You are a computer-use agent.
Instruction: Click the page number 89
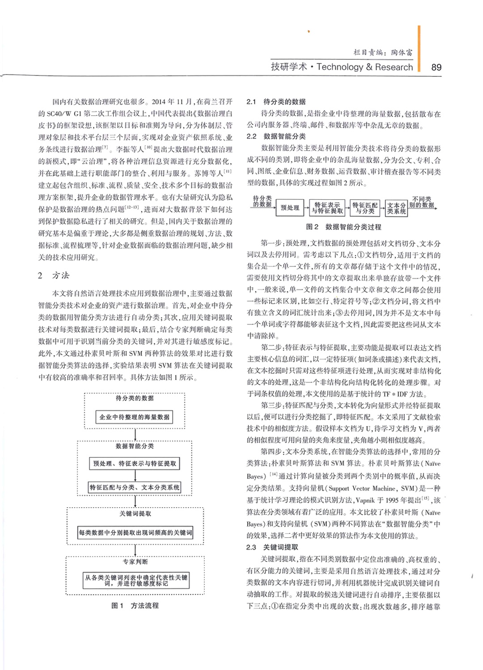click(x=436, y=67)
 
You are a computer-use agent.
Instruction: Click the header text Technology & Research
click(x=364, y=67)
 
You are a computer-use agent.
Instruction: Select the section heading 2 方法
click(x=54, y=276)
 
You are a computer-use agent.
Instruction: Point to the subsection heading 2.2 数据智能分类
click(x=276, y=136)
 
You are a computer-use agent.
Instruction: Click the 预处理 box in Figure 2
click(x=290, y=208)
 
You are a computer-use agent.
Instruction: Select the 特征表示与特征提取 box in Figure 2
click(x=327, y=208)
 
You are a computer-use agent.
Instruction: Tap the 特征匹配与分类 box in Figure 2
click(x=365, y=208)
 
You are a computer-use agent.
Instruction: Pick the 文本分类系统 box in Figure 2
click(x=396, y=208)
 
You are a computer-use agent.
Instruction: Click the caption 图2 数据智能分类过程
click(x=343, y=227)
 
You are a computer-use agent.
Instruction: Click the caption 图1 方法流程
click(x=135, y=606)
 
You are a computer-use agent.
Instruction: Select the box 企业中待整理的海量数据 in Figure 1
click(x=135, y=417)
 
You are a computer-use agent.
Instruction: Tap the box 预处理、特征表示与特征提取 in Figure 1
click(x=135, y=464)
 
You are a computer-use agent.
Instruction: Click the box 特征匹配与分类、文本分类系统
click(x=135, y=487)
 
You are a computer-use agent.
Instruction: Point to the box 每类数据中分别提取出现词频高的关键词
click(x=135, y=533)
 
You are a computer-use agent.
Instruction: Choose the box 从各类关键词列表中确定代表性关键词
click(x=136, y=580)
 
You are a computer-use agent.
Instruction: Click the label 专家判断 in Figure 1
click(x=135, y=561)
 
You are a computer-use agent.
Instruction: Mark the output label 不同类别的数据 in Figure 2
click(x=422, y=202)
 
